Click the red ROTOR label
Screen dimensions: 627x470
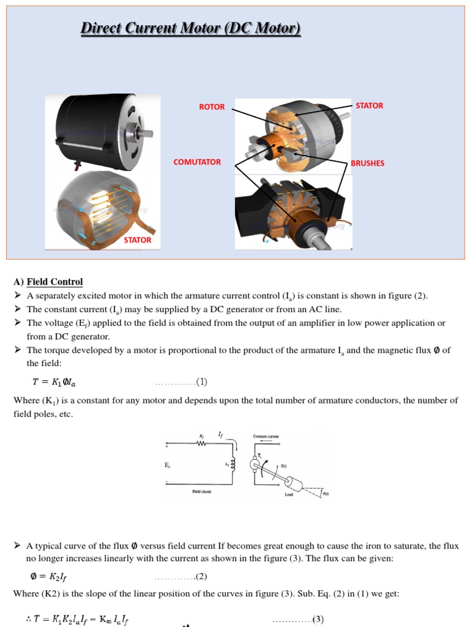click(x=212, y=107)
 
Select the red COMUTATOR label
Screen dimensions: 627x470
click(x=197, y=162)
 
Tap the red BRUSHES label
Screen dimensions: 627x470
click(x=367, y=163)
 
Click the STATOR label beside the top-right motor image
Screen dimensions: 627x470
click(x=369, y=105)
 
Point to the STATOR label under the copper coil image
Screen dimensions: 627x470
click(x=137, y=240)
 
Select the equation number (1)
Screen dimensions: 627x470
click(x=201, y=382)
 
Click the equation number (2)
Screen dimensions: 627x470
click(x=201, y=576)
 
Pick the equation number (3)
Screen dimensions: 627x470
click(x=318, y=620)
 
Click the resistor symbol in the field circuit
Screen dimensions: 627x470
click(x=201, y=445)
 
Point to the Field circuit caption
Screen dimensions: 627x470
click(x=201, y=491)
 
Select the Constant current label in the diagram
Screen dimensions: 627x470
click(x=266, y=436)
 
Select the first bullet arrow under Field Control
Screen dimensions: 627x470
click(x=18, y=296)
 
